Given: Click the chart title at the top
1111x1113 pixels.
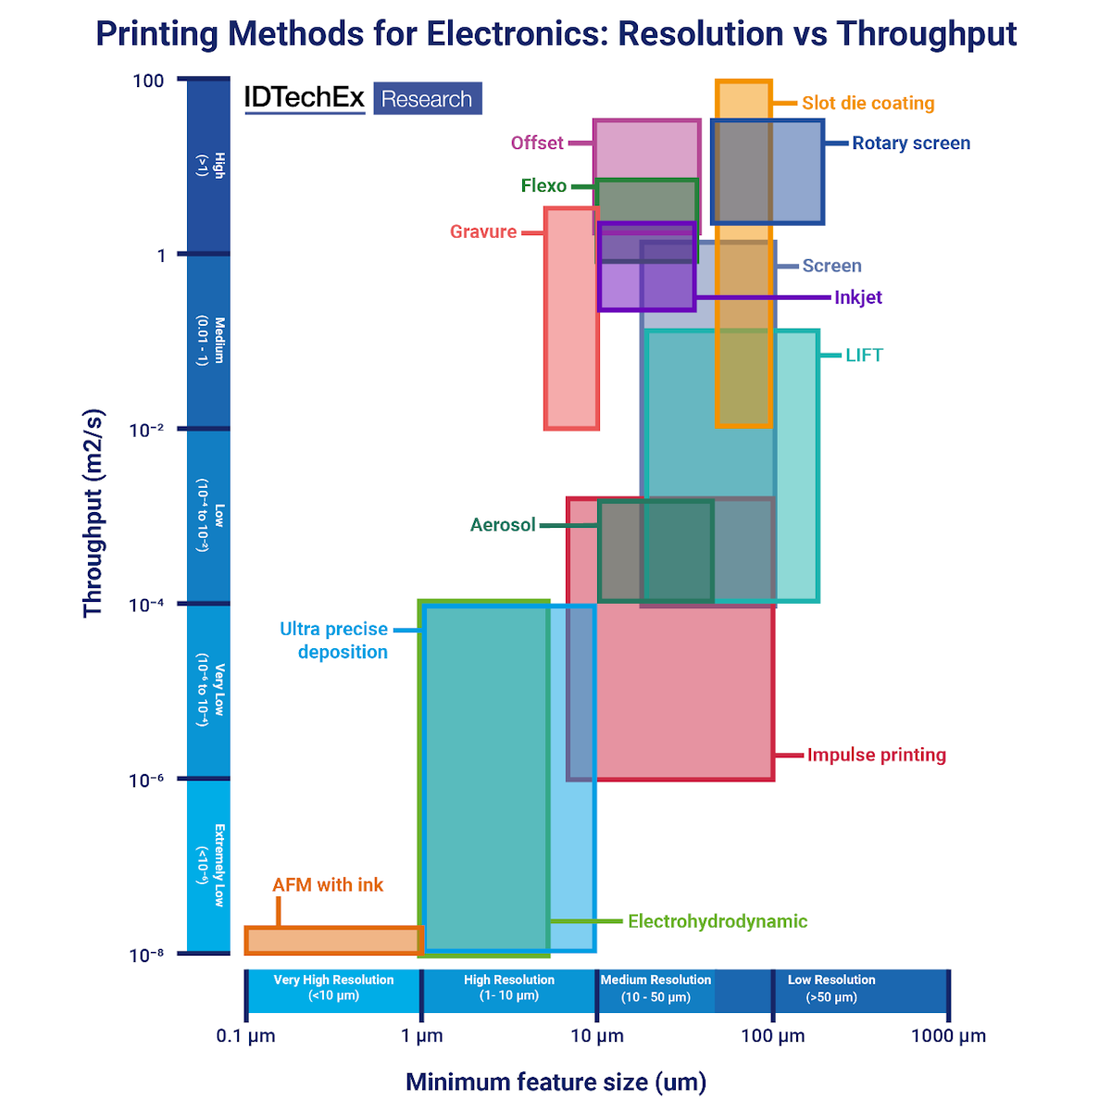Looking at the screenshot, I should pyautogui.click(x=555, y=34).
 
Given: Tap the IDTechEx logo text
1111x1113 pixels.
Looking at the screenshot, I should pyautogui.click(x=304, y=97).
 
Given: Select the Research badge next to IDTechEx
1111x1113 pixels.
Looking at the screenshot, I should pyautogui.click(x=427, y=99).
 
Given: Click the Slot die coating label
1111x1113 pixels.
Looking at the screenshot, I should pyautogui.click(x=868, y=104).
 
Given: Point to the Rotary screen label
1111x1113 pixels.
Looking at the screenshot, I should pyautogui.click(x=911, y=144).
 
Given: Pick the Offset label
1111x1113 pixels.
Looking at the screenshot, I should pyautogui.click(x=537, y=144).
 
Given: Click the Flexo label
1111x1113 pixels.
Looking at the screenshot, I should pyautogui.click(x=543, y=186).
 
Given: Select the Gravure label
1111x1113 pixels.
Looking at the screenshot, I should pyautogui.click(x=483, y=232).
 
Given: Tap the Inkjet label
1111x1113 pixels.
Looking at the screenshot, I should pyautogui.click(x=858, y=298).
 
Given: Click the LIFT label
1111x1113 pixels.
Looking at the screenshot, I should pyautogui.click(x=864, y=356).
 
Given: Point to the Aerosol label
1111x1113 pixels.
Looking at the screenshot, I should pyautogui.click(x=503, y=525).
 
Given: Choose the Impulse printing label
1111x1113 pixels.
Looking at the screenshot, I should pyautogui.click(x=876, y=756).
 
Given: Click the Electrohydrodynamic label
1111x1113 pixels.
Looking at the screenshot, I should pyautogui.click(x=718, y=921).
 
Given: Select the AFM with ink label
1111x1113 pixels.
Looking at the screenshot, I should pyautogui.click(x=328, y=885).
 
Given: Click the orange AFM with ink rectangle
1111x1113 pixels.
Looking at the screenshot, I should pyautogui.click(x=333, y=941).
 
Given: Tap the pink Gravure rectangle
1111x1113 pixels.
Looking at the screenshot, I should pyautogui.click(x=571, y=352).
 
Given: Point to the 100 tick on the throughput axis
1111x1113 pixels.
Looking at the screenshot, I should pyautogui.click(x=148, y=81).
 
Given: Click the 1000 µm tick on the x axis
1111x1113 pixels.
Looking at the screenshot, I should pyautogui.click(x=948, y=1036).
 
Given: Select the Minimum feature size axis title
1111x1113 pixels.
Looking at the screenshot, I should pyautogui.click(x=555, y=1082).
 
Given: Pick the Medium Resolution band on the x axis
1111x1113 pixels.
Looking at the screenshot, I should pyautogui.click(x=655, y=989).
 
